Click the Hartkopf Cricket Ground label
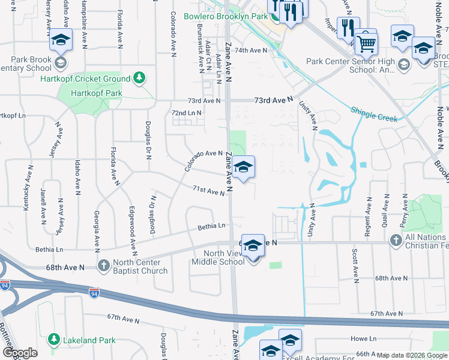85,79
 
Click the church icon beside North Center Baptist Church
104,265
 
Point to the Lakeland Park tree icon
53,340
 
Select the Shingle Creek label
374,115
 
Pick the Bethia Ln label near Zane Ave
212,226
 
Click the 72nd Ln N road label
186,112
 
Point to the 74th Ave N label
250,50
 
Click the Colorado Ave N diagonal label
203,161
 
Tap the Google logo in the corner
20,353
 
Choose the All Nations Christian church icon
396,241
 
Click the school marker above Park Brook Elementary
60,40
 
